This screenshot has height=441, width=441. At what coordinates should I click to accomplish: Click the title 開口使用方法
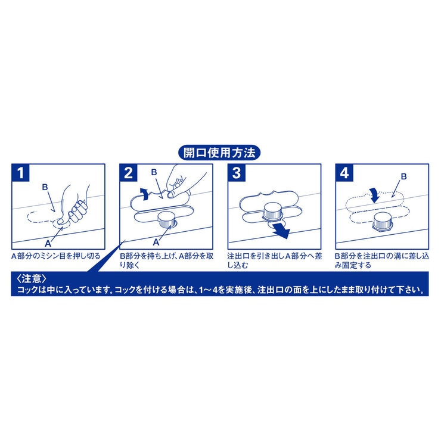tap(219, 153)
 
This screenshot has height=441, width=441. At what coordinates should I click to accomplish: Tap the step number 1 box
tap(21, 173)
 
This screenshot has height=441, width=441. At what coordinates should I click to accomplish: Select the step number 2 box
tap(129, 173)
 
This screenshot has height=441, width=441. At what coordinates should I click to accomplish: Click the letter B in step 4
tap(403, 177)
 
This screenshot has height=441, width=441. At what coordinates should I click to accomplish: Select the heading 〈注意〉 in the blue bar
tap(29, 279)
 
